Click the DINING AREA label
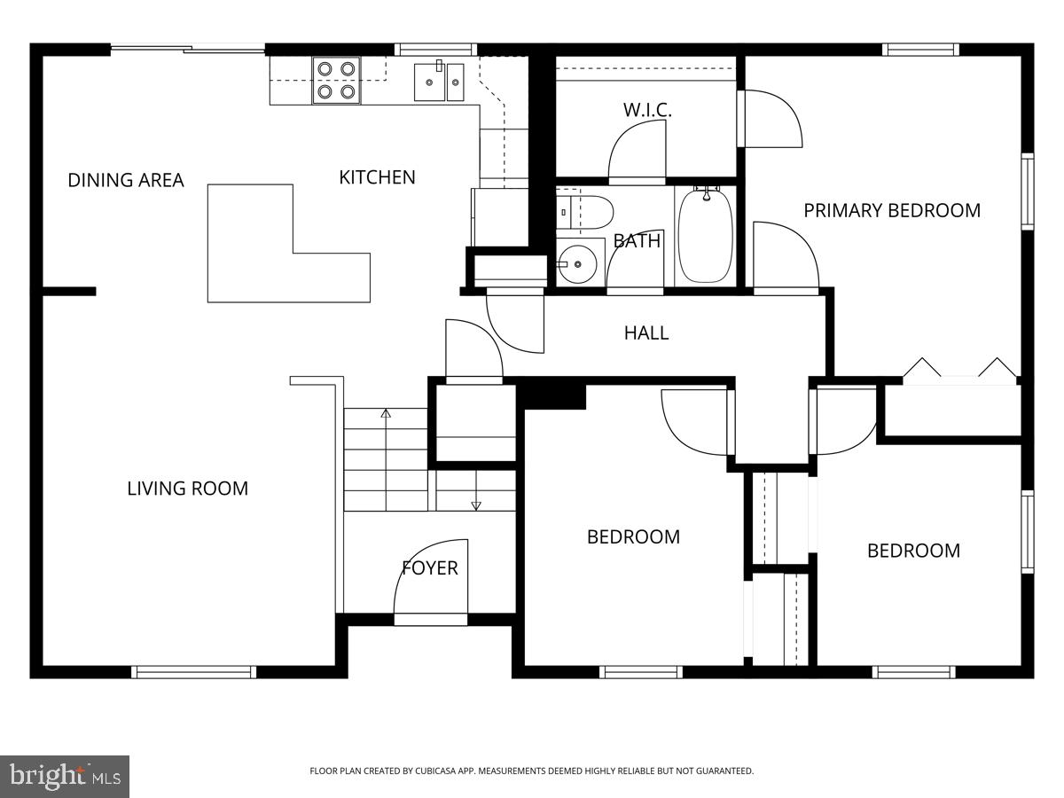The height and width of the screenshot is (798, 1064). point(126,180)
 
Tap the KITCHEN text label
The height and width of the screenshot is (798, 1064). point(377,177)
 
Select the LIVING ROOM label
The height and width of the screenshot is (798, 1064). point(187,488)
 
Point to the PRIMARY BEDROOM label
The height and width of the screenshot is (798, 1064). point(892,210)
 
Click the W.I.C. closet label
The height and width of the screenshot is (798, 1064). point(647,110)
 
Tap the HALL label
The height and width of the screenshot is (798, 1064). point(646,332)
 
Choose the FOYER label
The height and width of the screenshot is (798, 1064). point(430,567)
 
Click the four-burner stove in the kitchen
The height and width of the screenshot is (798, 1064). point(336,79)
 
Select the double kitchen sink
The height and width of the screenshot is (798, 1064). point(439,82)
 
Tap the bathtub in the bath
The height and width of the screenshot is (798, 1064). point(706,235)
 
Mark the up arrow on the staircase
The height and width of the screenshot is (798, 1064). point(386,413)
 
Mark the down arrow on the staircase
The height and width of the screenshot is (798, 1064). point(476,505)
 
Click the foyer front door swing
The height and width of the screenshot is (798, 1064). point(431,581)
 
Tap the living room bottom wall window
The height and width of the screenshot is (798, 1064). point(193,672)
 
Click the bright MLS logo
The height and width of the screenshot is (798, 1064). point(65,777)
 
